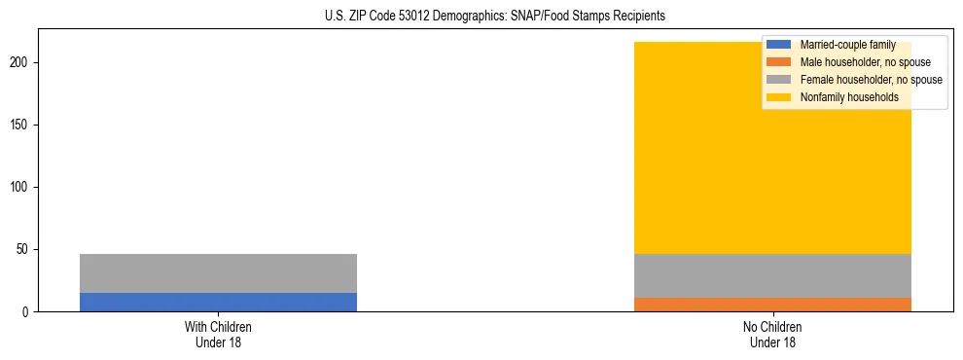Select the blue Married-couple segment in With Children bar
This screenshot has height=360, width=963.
(x=218, y=302)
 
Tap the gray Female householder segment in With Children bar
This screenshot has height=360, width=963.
(x=218, y=273)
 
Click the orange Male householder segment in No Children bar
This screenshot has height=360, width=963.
(x=772, y=305)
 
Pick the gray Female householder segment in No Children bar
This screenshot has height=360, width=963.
(x=772, y=275)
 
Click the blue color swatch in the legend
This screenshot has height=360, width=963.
(x=779, y=45)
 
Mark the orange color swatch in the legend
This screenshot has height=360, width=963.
(x=779, y=62)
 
